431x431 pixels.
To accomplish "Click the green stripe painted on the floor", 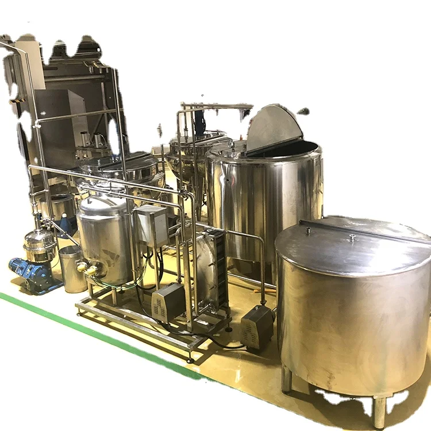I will click(x=86, y=333).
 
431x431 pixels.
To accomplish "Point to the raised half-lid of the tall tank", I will click(x=273, y=128).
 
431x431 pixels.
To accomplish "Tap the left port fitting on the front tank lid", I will click(x=309, y=231).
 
